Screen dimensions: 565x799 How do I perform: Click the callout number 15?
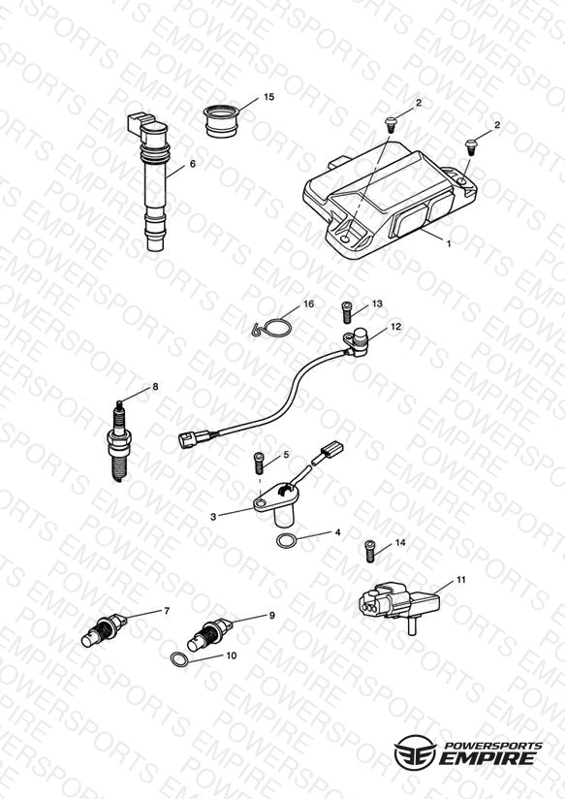click(x=269, y=97)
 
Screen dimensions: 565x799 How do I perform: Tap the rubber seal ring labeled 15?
click(x=222, y=120)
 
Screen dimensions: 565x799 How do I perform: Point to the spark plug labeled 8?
click(x=118, y=441)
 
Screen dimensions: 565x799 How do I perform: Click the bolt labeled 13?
click(x=347, y=312)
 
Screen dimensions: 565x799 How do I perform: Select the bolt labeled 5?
click(x=260, y=463)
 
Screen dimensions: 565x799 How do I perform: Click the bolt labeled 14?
click(x=370, y=552)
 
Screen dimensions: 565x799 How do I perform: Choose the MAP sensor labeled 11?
click(x=399, y=605)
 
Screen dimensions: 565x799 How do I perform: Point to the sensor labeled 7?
click(x=104, y=630)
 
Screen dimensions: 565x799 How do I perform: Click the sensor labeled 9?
click(x=209, y=634)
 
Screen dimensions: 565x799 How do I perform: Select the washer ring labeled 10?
click(x=179, y=659)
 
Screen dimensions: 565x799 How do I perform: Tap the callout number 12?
click(x=395, y=327)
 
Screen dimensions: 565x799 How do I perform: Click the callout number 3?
click(x=213, y=516)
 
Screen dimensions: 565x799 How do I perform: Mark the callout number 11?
click(x=460, y=580)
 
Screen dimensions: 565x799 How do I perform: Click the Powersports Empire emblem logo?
click(x=415, y=752)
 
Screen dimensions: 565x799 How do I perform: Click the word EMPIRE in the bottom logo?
click(x=487, y=757)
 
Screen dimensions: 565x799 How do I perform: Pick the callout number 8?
click(x=155, y=387)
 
